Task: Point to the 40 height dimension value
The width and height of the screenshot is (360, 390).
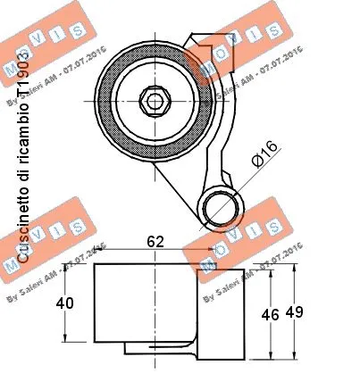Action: click(x=65, y=303)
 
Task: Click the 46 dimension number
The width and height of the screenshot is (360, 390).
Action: click(x=271, y=314)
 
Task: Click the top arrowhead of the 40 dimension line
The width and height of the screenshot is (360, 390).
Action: click(x=64, y=270)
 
